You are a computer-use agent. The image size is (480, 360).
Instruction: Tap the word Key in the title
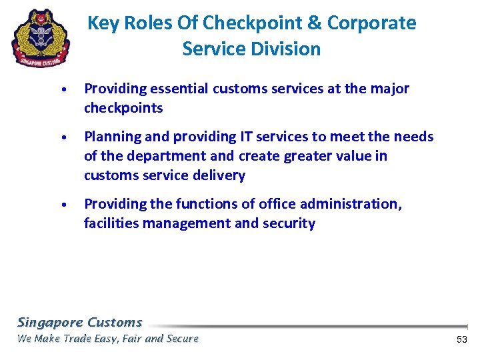[103, 23]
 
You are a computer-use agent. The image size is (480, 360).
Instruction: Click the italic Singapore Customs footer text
[79, 322]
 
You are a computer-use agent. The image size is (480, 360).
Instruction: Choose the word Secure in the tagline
[181, 339]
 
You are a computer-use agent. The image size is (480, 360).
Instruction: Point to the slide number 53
[462, 340]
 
